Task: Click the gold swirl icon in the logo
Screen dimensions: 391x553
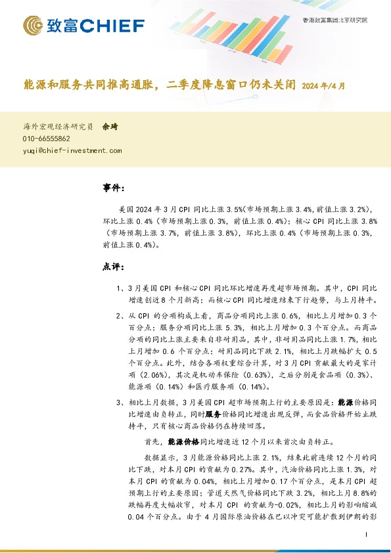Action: click(x=33, y=26)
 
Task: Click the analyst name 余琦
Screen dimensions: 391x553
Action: click(x=110, y=126)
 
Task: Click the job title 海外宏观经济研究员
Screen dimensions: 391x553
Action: click(x=58, y=126)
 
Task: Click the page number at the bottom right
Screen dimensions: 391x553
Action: click(x=365, y=535)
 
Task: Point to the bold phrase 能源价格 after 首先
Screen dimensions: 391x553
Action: click(x=182, y=442)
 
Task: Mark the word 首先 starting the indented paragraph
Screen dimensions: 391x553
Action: click(x=152, y=442)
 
